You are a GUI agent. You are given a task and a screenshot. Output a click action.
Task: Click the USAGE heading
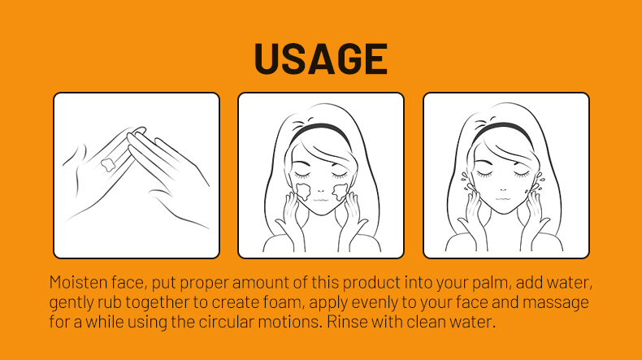320,59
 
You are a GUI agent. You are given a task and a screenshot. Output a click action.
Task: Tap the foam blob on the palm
108,165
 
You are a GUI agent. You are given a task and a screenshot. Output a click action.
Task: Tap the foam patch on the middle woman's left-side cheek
302,191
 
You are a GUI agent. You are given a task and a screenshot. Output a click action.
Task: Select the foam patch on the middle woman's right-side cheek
340,192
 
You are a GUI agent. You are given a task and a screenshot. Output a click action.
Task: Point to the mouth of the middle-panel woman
320,199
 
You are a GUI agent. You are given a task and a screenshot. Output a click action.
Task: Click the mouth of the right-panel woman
503,198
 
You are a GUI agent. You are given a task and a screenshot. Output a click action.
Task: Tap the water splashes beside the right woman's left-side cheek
465,181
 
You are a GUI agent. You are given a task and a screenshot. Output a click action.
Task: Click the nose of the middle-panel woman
321,189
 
